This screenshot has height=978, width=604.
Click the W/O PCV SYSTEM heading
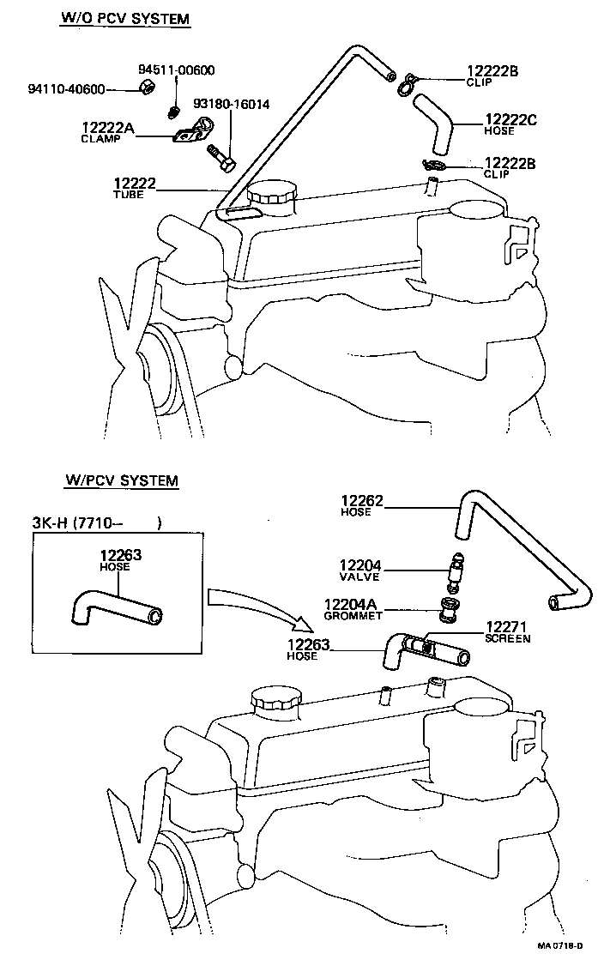tap(124, 18)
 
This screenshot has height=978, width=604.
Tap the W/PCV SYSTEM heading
tap(121, 480)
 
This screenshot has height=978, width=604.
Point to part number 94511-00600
tap(176, 70)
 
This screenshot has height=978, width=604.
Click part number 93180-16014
tap(231, 105)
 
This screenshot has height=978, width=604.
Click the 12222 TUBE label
tap(133, 188)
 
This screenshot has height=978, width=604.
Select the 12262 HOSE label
tap(360, 505)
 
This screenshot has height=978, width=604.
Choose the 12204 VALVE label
tap(360, 569)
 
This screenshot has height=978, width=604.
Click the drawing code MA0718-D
tap(560, 969)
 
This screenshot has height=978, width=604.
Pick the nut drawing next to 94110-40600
tap(145, 89)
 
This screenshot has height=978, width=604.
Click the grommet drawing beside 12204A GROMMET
tap(447, 609)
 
